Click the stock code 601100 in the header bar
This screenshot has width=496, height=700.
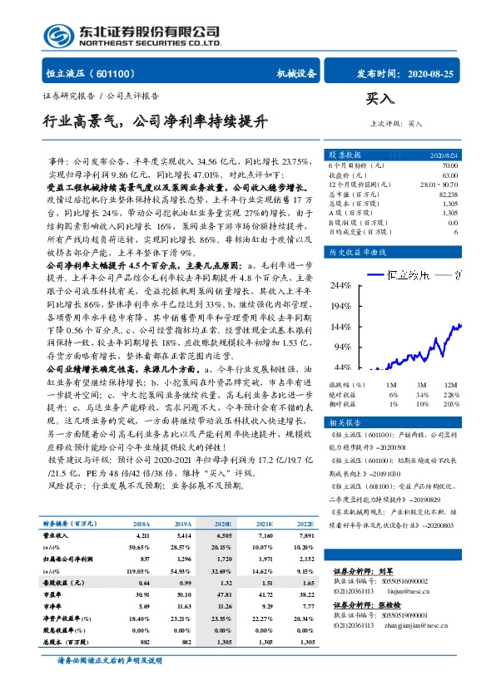[123, 73]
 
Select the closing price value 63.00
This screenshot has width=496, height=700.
[450, 175]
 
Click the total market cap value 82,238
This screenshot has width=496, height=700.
[448, 194]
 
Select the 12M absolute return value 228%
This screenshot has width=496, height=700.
[450, 394]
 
